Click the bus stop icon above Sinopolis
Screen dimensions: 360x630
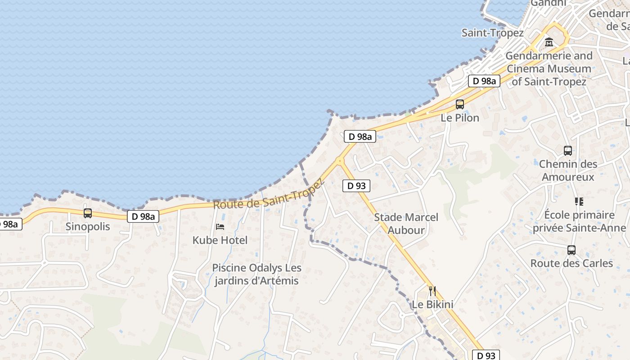[x=88, y=213]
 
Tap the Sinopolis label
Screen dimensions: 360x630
[x=88, y=226]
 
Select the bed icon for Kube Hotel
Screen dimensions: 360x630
[x=220, y=226]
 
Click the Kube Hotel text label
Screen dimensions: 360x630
[x=220, y=240]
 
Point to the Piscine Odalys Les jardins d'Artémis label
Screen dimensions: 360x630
[x=257, y=274]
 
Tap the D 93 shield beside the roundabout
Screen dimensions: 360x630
[x=356, y=185]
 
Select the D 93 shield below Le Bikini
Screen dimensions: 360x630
[x=486, y=355]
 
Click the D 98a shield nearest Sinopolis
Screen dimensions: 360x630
[x=144, y=216]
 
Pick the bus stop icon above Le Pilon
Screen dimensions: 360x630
[x=459, y=104]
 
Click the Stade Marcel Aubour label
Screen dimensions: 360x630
[x=406, y=224]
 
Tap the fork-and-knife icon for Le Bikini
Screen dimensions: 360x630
[x=432, y=291]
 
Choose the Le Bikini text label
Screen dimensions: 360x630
[x=432, y=305]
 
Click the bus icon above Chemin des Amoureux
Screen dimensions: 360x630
[x=568, y=151]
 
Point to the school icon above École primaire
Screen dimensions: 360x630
[x=579, y=202]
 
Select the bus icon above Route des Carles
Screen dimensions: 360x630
[x=571, y=250]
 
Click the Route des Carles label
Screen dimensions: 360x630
[x=571, y=263]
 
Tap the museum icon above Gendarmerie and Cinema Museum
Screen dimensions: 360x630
[x=549, y=43]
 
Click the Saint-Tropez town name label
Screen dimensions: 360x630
[x=493, y=33]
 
